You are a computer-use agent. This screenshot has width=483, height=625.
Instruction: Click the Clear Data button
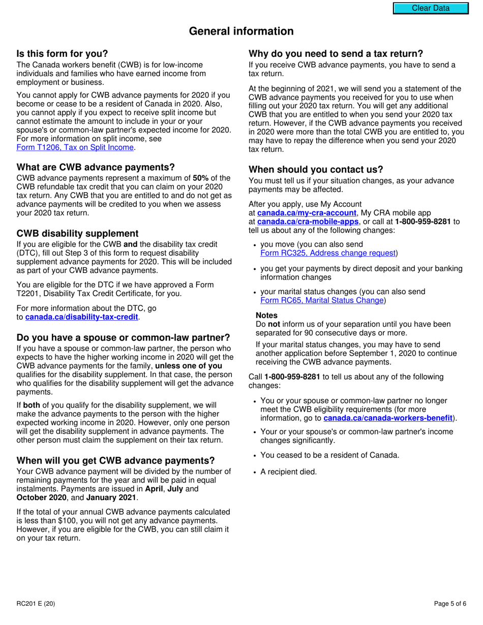430,8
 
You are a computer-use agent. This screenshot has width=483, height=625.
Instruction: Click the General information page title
241,32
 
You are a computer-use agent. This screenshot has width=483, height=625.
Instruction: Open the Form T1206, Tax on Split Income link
75,147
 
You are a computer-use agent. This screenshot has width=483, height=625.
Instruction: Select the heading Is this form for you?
63,54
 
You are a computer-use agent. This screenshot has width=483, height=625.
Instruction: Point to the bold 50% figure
200,178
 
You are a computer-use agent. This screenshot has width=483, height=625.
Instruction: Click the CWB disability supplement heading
77,233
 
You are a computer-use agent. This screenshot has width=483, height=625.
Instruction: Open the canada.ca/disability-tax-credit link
81,317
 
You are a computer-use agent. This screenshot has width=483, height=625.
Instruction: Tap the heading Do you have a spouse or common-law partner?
123,338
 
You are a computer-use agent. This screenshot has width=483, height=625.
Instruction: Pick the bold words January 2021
111,497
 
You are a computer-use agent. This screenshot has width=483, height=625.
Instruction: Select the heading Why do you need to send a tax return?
336,54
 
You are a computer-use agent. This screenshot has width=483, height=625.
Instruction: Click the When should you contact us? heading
316,170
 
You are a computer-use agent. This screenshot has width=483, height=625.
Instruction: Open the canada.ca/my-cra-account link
307,213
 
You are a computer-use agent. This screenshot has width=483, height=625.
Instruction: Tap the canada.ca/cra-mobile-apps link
308,222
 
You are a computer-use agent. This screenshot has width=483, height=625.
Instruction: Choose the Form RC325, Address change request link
328,253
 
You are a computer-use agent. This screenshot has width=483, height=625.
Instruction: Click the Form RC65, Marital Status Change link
322,300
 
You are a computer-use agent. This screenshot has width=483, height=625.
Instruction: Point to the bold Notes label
266,316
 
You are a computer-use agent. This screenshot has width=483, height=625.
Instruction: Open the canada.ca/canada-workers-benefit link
388,418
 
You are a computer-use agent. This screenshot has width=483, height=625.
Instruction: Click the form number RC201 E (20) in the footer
36,604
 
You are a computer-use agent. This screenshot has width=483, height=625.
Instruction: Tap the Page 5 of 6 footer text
450,604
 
